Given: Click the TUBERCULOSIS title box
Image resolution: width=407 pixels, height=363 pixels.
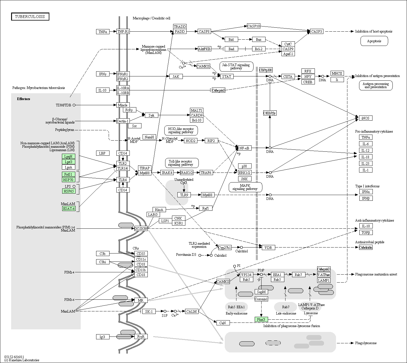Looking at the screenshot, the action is [x=30, y=17].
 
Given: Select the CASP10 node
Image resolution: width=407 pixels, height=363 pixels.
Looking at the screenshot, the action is [x=254, y=26].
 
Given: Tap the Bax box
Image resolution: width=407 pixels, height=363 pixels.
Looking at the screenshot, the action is [x=259, y=40].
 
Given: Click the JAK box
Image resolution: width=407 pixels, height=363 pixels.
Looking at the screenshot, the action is [x=176, y=76].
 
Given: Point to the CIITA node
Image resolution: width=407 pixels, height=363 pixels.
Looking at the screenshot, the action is [x=288, y=76].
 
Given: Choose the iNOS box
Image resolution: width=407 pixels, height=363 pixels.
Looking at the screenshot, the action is [x=366, y=118].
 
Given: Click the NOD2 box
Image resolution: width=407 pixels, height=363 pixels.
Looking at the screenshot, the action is [x=191, y=141].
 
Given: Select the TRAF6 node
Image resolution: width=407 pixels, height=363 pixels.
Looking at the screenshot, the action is [x=206, y=173].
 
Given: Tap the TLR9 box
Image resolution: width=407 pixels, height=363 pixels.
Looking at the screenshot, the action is [x=184, y=195].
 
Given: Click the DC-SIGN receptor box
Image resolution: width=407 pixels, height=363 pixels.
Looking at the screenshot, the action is [x=141, y=228].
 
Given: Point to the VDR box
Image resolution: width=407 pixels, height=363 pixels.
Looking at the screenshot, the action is [x=268, y=248].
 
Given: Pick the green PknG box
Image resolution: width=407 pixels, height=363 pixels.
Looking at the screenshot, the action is [x=261, y=319].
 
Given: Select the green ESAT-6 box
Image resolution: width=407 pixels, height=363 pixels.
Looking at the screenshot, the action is [x=69, y=209].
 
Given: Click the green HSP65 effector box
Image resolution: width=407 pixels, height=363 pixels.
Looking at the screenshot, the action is [x=69, y=191].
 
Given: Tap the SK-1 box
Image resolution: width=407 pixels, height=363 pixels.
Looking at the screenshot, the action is [x=149, y=312].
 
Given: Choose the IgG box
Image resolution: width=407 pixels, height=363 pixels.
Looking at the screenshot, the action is [x=103, y=337].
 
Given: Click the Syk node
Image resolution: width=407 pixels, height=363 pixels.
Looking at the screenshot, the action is [x=151, y=115].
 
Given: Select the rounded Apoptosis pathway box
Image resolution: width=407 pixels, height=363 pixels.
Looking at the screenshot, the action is [x=374, y=41].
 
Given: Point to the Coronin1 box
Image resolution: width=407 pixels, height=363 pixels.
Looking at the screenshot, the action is [x=261, y=299].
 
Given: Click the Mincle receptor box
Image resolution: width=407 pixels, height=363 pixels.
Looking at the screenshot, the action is [x=123, y=105].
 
